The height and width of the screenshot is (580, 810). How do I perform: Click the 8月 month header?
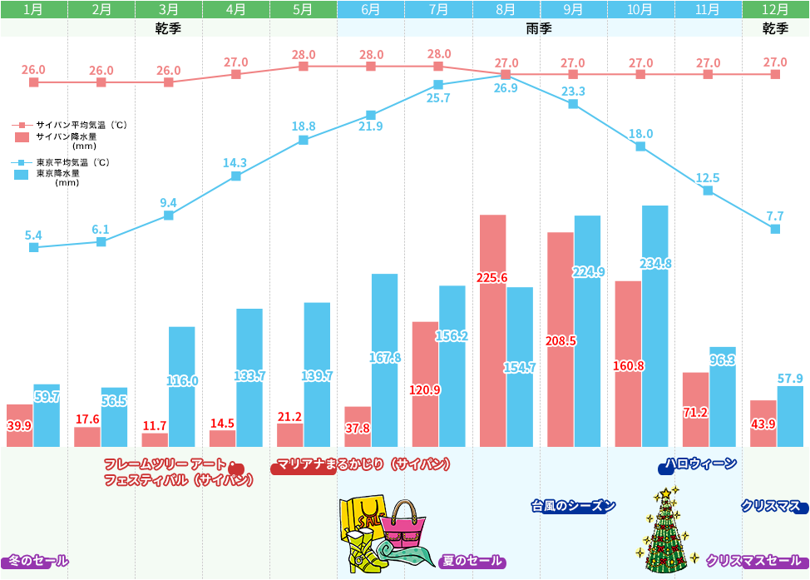click(506, 10)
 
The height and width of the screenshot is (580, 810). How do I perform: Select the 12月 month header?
click(775, 10)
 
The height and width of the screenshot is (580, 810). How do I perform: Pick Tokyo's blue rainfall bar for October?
click(654, 325)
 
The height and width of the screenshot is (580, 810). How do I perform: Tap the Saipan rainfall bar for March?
click(155, 439)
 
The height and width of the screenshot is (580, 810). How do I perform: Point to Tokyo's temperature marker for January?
click(33, 247)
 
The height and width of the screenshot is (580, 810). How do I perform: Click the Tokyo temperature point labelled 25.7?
click(438, 85)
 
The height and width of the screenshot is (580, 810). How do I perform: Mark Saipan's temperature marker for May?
click(304, 66)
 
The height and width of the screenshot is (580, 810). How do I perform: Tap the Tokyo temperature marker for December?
click(775, 229)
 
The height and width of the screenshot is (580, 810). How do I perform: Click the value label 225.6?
click(492, 277)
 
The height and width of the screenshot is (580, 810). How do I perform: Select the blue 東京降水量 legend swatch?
click(22, 175)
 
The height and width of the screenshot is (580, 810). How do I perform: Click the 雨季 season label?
click(540, 28)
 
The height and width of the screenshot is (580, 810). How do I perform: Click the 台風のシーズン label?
click(574, 505)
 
